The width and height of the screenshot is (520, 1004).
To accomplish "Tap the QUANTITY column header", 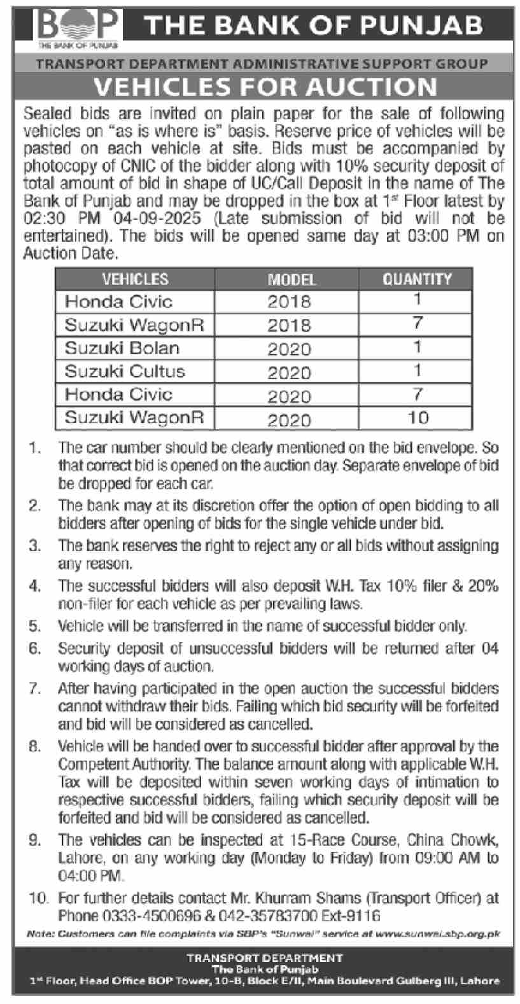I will point(417,279).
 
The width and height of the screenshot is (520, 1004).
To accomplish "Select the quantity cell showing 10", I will point(417,418).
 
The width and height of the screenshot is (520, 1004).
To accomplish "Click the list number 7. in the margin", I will point(35,688).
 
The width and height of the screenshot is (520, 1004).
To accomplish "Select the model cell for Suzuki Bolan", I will point(289,349).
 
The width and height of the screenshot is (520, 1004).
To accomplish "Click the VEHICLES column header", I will point(135,279).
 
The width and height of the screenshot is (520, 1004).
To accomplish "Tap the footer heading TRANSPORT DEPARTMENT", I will point(265,957).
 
